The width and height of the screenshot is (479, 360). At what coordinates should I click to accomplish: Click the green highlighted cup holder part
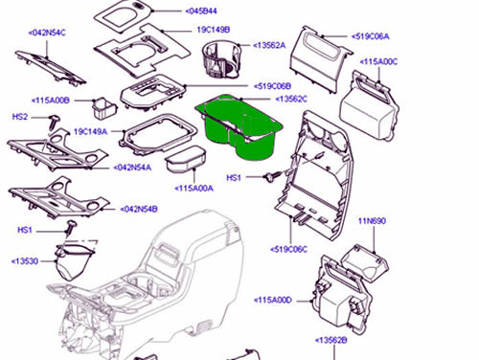click(x=239, y=127)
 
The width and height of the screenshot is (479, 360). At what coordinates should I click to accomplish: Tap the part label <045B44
click(x=201, y=11)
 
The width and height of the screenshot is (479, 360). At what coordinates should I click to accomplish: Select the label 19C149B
click(x=214, y=30)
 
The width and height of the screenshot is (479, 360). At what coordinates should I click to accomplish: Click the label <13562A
click(x=269, y=45)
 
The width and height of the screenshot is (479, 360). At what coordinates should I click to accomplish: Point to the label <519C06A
click(x=371, y=36)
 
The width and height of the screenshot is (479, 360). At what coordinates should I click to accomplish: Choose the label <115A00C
click(x=378, y=61)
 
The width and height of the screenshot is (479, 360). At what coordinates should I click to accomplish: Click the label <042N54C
click(x=47, y=33)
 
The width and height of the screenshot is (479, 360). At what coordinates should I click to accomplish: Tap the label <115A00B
click(x=51, y=101)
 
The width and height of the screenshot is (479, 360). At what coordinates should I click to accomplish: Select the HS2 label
click(x=20, y=117)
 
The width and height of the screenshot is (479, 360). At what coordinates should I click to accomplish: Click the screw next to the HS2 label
click(x=55, y=122)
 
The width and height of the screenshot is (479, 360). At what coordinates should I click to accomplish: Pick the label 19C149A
click(x=90, y=131)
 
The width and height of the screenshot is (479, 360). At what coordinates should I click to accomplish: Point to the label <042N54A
click(x=132, y=168)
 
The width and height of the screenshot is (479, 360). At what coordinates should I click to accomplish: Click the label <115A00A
click(x=194, y=189)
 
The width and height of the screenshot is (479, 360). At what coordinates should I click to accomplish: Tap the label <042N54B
click(x=139, y=210)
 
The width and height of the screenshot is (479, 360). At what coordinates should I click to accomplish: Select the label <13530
click(x=25, y=261)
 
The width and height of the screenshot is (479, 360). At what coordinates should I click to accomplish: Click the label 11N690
click(x=372, y=221)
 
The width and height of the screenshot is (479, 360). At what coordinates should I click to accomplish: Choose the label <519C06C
click(x=288, y=249)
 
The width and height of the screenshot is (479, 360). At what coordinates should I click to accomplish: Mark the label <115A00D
click(x=273, y=300)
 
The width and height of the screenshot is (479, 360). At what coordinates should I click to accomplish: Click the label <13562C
click(x=291, y=99)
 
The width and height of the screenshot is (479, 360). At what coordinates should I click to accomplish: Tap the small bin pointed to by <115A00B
click(x=103, y=108)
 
